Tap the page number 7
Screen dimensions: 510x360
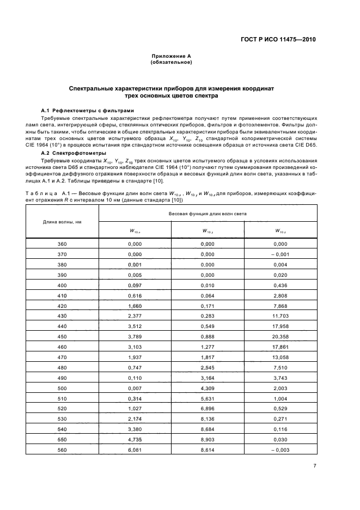pos(314,465)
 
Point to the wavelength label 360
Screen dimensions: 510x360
pos(62,244)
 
